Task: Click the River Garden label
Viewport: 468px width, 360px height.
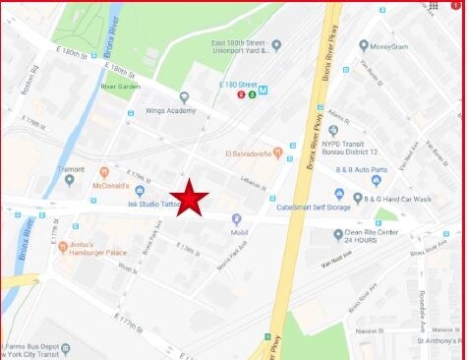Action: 120,86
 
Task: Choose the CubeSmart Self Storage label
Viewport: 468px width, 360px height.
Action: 314,208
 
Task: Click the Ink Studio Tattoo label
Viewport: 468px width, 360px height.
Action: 151,205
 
